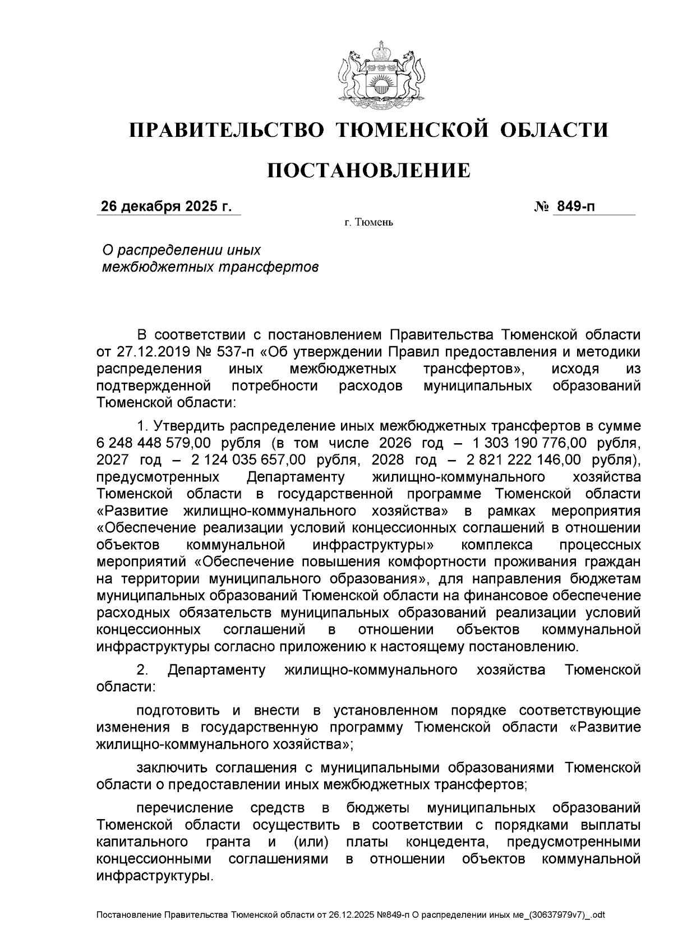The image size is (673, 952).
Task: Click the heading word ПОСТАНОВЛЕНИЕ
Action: click(x=368, y=171)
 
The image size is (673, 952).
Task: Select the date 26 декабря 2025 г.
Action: click(x=166, y=207)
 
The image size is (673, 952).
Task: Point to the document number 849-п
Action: click(x=575, y=207)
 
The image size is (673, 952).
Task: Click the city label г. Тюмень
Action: click(x=368, y=223)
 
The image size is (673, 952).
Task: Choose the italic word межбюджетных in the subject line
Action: click(x=153, y=267)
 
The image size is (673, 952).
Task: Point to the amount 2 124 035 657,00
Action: click(x=248, y=460)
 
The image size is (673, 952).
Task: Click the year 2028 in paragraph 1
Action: click(x=388, y=460)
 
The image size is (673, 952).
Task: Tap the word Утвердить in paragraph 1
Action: click(x=189, y=426)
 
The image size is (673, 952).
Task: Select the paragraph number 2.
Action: click(x=142, y=670)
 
